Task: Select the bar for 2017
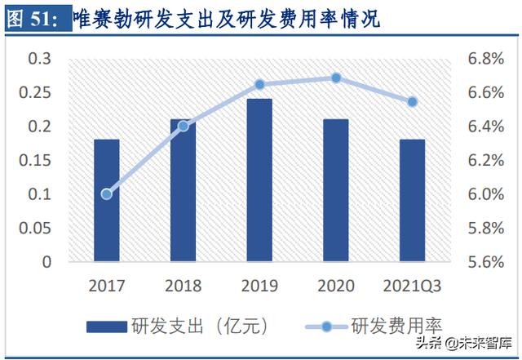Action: (x=107, y=201)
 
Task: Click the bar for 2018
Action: (x=184, y=190)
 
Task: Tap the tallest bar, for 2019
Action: (x=259, y=180)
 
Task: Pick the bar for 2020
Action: (x=335, y=190)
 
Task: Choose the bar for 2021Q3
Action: (x=412, y=201)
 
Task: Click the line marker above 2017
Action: (x=107, y=193)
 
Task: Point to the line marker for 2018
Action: (x=184, y=126)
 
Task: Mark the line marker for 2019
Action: (x=259, y=84)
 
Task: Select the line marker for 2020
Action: (x=335, y=78)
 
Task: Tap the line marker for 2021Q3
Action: (x=412, y=101)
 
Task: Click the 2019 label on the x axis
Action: (x=259, y=286)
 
